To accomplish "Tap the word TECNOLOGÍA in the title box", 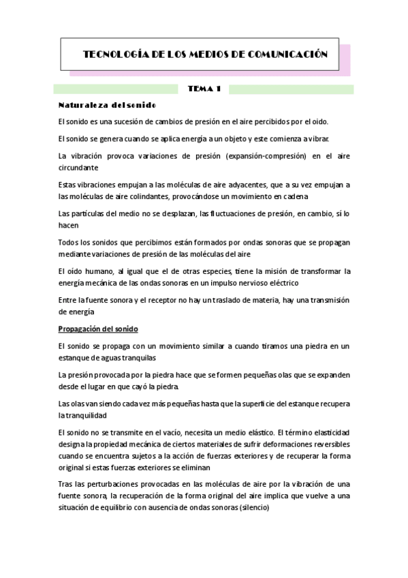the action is pos(111,54).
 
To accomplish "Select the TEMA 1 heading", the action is pos(204,89).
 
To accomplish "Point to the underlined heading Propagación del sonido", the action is pos(98,329).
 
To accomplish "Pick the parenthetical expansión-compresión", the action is pos(251,156).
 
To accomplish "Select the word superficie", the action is pos(240,404).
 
